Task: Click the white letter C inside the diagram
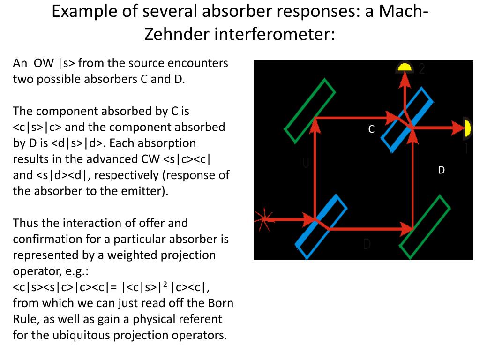(x=371, y=129)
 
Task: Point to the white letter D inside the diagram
(x=441, y=170)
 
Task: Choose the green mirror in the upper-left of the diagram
(x=310, y=111)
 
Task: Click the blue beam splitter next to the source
(x=322, y=226)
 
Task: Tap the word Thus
(x=27, y=223)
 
